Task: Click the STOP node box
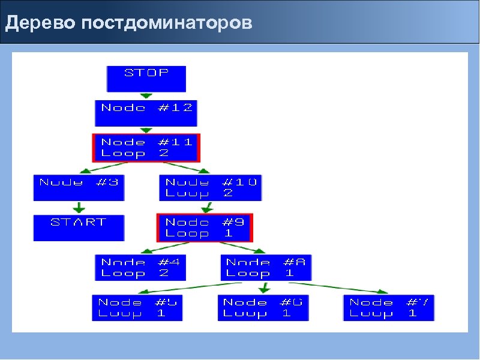146,78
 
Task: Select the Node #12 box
146,113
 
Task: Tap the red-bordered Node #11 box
146,148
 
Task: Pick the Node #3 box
79,187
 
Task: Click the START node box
79,227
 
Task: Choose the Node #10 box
211,187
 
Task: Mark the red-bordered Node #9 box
205,227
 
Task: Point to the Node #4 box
141,268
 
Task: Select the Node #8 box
267,268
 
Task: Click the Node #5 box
138,308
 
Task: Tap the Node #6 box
263,308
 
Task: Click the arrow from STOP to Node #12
146,95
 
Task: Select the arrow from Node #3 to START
79,208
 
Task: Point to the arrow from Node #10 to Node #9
208,208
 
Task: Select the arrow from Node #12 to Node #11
146,130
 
